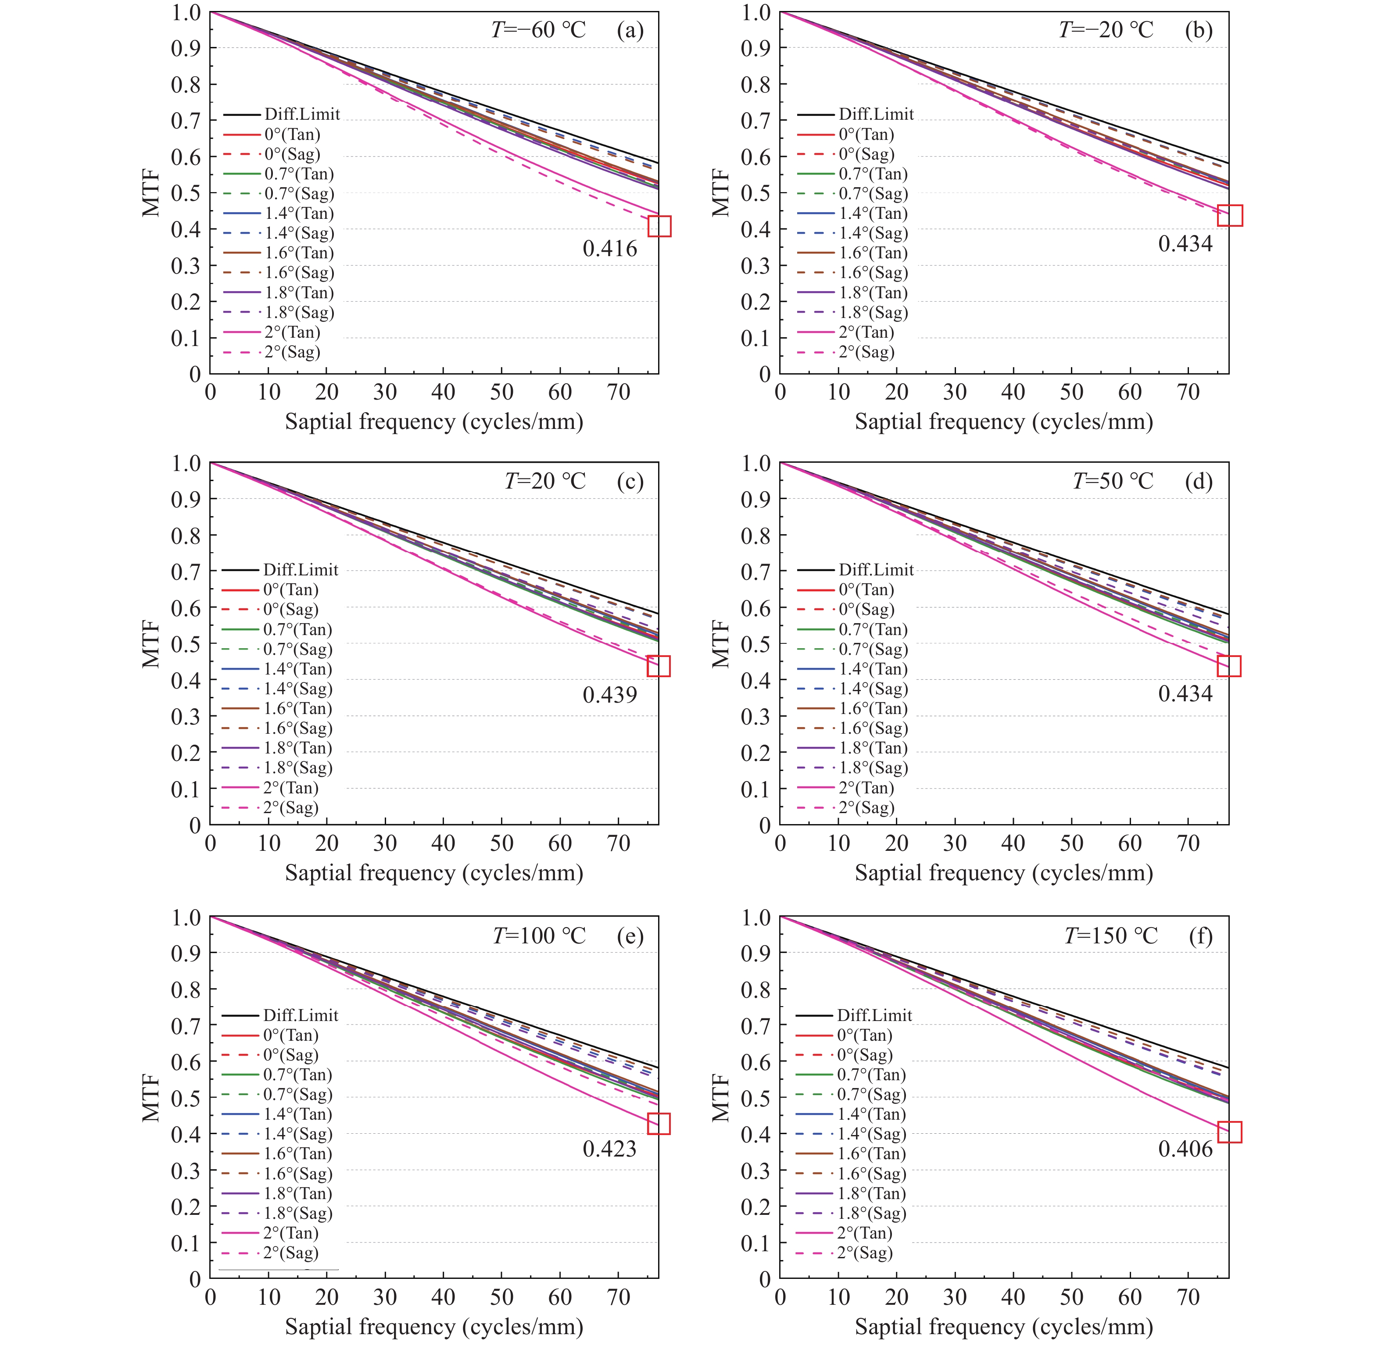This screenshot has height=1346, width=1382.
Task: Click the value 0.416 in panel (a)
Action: [x=610, y=249]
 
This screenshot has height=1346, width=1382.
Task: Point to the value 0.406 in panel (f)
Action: [x=1185, y=1149]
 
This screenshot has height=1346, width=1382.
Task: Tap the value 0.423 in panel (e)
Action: [x=610, y=1149]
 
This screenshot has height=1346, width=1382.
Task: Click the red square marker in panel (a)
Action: [x=659, y=226]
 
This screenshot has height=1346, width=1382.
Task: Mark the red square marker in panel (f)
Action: [x=1229, y=1132]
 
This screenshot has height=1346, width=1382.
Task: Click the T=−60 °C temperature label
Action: [x=538, y=30]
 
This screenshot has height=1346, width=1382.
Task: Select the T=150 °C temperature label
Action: [x=1110, y=936]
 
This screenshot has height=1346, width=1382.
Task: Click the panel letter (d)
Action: [x=1199, y=482]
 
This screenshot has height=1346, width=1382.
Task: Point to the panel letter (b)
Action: [x=1199, y=30]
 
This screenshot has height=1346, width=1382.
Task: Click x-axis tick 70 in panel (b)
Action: [x=1188, y=393]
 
